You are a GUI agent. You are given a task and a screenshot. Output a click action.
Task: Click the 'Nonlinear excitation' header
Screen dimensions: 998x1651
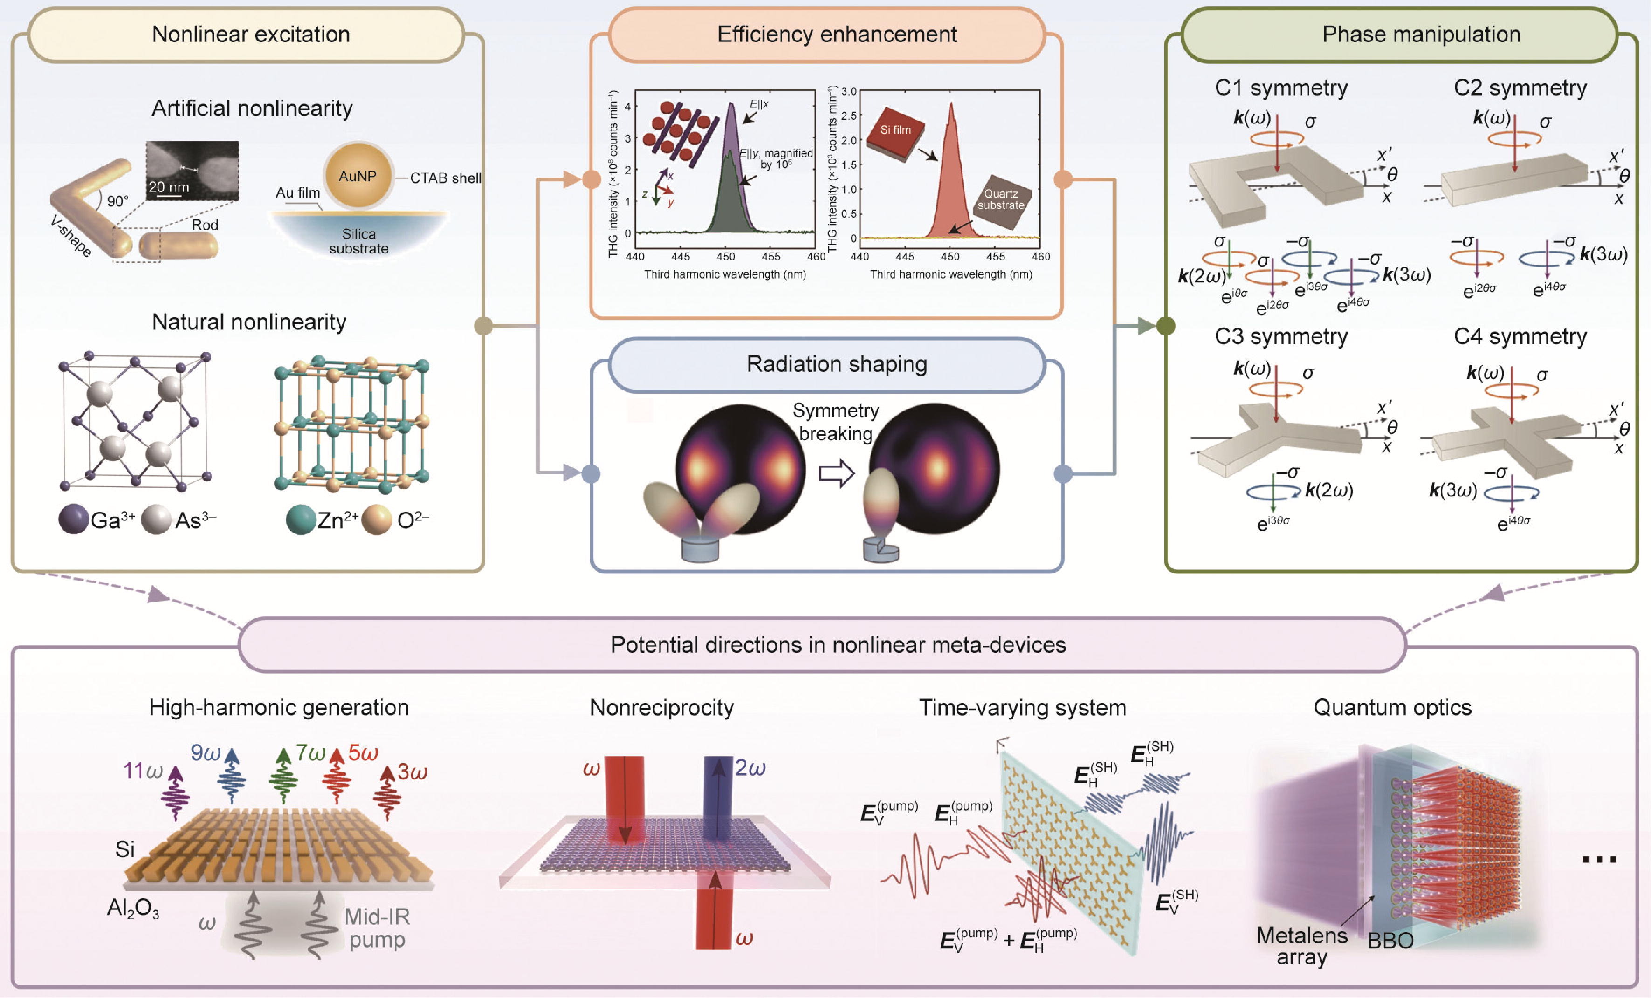pos(251,34)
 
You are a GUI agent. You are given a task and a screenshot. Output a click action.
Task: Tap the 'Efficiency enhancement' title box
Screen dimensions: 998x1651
pos(837,34)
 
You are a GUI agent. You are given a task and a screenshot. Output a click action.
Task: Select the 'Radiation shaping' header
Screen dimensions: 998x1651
pos(837,364)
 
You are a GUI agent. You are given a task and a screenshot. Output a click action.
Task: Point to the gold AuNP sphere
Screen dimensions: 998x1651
pos(358,176)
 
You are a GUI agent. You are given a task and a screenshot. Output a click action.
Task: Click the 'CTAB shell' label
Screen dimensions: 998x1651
pos(445,178)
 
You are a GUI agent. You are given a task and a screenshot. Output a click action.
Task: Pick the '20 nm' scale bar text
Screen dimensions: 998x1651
pos(168,187)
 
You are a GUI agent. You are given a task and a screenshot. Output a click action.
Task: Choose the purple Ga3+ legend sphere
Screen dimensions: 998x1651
pos(74,520)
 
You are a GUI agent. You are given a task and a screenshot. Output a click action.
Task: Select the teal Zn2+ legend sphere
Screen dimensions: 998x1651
pos(300,520)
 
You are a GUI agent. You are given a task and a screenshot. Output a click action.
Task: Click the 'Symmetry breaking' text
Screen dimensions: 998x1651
pos(836,422)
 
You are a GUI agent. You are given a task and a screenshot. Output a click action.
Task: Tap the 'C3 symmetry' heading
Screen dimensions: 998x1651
pos(1280,336)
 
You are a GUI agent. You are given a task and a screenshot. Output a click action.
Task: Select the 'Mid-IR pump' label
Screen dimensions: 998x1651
pos(377,928)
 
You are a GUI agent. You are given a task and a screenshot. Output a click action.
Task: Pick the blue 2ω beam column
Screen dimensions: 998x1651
pos(718,797)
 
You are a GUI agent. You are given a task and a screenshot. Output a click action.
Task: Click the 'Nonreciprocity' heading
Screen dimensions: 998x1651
pos(661,707)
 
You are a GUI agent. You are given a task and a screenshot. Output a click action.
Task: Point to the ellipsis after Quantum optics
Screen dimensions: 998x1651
pos(1599,859)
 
